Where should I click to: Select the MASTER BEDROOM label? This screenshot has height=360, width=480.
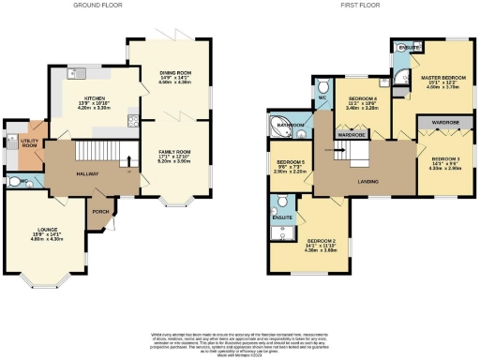442,78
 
